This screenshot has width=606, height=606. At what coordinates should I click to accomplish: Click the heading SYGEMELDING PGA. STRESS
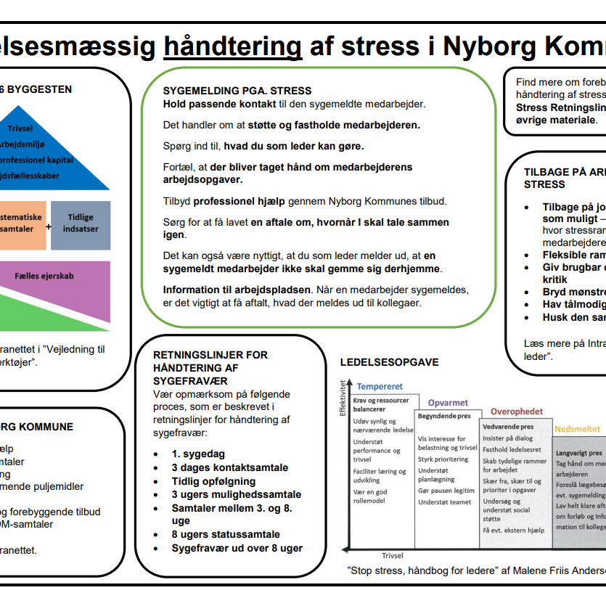click(237, 91)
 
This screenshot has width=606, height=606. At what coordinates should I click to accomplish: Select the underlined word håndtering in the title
click(232, 46)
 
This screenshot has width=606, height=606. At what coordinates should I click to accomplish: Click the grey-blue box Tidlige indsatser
click(81, 224)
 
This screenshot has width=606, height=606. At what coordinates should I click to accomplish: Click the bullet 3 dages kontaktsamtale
click(229, 467)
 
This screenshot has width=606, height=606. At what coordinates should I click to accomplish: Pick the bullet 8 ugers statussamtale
click(226, 535)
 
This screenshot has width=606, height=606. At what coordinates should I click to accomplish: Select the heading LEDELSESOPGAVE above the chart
click(389, 362)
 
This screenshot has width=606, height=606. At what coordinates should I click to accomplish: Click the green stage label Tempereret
click(380, 387)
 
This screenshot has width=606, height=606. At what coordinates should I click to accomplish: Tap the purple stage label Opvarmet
click(448, 403)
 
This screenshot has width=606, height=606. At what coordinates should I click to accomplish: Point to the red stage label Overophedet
click(516, 412)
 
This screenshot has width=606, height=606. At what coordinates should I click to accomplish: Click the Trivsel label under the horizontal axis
click(392, 556)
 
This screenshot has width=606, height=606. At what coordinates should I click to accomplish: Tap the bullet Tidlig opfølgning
click(213, 481)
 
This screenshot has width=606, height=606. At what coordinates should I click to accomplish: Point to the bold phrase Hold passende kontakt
click(208, 105)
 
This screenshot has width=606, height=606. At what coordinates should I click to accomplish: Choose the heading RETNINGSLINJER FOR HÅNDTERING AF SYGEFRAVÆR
click(210, 367)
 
